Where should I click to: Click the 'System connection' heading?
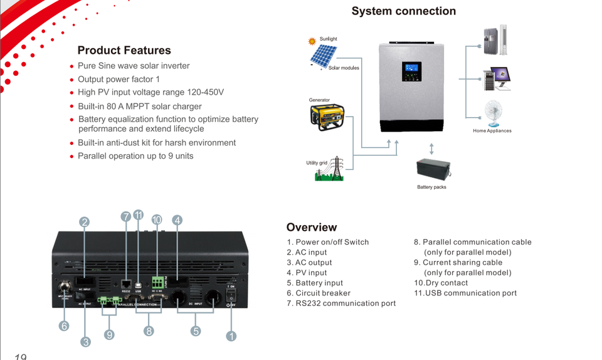(403, 11)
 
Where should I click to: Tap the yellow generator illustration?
(327, 117)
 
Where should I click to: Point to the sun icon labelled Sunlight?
(312, 41)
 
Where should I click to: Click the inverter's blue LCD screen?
(412, 68)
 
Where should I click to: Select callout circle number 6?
(64, 326)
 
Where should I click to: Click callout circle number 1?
(231, 337)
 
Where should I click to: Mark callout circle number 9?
(109, 335)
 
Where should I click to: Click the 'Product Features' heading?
(124, 51)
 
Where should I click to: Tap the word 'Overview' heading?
(312, 227)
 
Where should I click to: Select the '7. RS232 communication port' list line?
(341, 304)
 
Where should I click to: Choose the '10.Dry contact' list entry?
(441, 283)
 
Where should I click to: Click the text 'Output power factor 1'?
(119, 79)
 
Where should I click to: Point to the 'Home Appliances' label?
(492, 131)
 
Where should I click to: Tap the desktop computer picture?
(495, 78)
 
